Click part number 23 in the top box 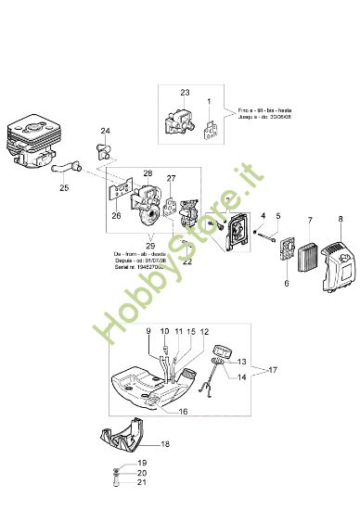pos(185,93)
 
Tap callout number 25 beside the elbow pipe pos(64,187)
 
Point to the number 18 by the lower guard pos(166,444)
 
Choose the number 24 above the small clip pos(105,132)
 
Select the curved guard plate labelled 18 pos(121,445)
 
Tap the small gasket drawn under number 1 pos(212,130)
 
